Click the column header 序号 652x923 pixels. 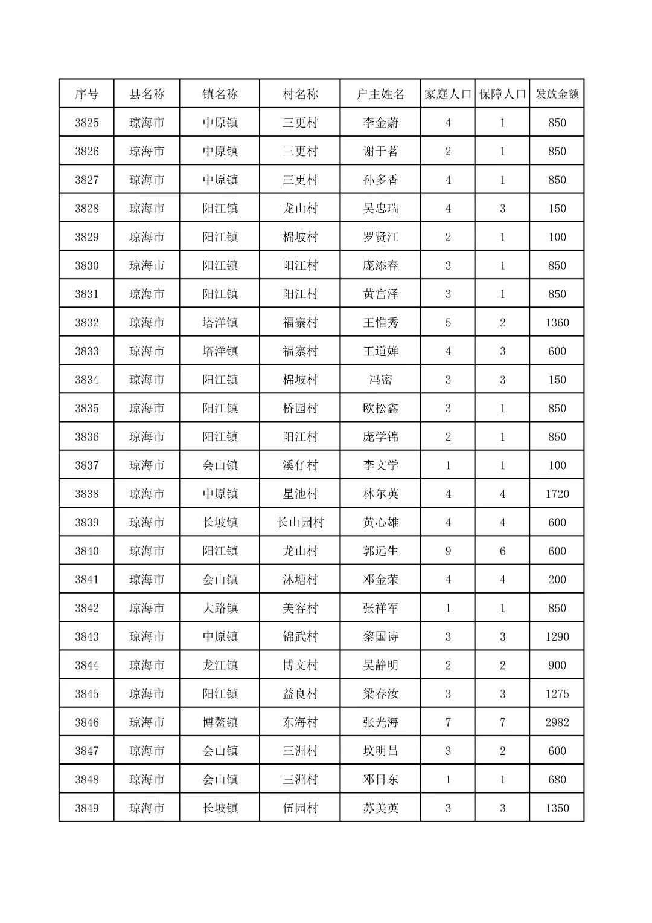(86, 94)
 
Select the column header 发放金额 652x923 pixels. (557, 94)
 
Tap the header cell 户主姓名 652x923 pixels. (380, 94)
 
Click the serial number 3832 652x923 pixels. (86, 322)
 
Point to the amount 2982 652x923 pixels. (557, 722)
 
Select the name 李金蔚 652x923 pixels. (380, 123)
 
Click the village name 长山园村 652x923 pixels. (300, 522)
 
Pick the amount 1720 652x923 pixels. (557, 494)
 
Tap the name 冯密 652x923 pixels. (380, 380)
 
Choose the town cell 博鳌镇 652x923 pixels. (220, 722)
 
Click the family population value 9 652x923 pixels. (448, 551)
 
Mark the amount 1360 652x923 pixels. (557, 322)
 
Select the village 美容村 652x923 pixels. (300, 608)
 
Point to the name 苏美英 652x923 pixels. (380, 808)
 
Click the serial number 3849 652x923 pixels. (86, 808)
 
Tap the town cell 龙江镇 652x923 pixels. (220, 665)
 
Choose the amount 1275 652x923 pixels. (557, 694)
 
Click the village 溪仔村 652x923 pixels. (300, 465)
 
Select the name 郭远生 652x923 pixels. (380, 551)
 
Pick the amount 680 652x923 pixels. (557, 780)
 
